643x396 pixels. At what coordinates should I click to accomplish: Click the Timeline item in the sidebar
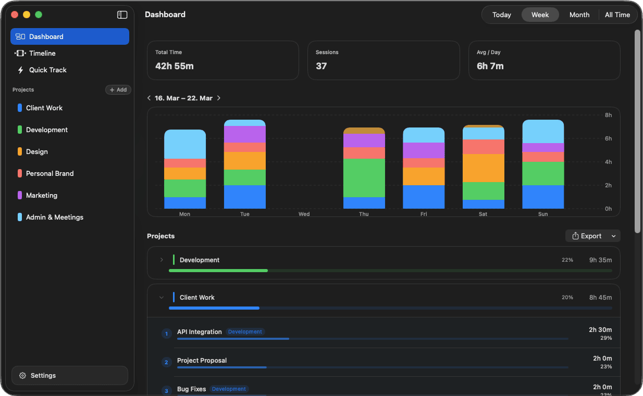pos(42,53)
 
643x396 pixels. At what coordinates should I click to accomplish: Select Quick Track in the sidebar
pos(47,70)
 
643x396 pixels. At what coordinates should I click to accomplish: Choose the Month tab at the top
pos(579,15)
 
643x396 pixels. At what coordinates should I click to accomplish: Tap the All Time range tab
pos(617,15)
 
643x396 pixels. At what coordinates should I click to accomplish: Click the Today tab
pos(501,15)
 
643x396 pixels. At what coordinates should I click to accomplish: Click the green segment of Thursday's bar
pos(364,178)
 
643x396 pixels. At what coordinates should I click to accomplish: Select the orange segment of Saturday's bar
pos(483,168)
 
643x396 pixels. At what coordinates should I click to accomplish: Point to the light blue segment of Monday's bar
pos(184,144)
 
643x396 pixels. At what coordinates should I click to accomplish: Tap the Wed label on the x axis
pos(304,214)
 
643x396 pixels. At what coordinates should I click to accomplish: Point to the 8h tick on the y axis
pos(608,115)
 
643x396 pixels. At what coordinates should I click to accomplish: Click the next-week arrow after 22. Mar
pos(219,98)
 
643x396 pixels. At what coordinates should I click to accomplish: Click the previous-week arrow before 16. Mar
pos(149,98)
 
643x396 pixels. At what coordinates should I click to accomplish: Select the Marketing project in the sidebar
pos(42,195)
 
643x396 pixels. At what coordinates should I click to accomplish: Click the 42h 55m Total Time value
pos(175,66)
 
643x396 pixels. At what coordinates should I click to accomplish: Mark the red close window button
pos(15,15)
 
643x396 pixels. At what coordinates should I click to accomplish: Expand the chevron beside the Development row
pos(162,260)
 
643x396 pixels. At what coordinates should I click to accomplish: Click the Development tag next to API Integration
pos(245,331)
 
